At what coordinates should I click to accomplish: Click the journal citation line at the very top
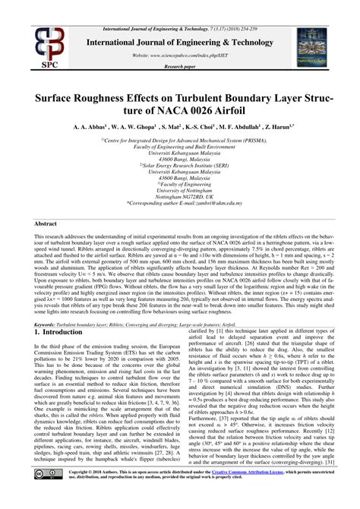pyautogui.click(x=179, y=6)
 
